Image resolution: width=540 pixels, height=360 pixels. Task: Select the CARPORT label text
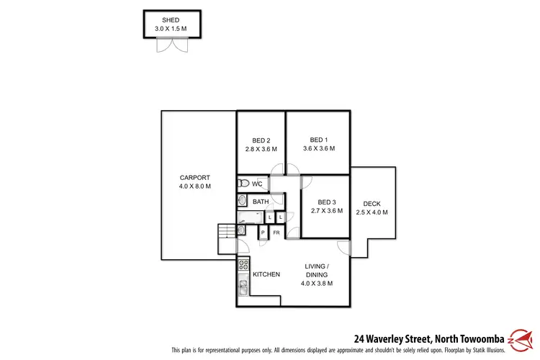(194, 178)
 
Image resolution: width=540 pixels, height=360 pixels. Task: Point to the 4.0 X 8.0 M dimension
(194, 186)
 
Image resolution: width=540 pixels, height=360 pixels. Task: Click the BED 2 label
(261, 140)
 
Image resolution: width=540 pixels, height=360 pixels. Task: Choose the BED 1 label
(318, 140)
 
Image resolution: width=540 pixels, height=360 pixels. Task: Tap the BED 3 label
(325, 203)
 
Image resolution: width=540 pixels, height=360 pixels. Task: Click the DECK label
(372, 203)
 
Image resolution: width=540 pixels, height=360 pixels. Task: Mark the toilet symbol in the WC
(243, 184)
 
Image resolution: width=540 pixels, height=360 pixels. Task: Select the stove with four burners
(243, 265)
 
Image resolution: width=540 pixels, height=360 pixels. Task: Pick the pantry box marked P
(263, 233)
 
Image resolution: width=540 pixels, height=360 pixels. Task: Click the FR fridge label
(276, 233)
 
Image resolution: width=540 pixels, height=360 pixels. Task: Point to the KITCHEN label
(266, 274)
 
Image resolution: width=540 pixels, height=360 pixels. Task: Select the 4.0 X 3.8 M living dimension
(316, 283)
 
